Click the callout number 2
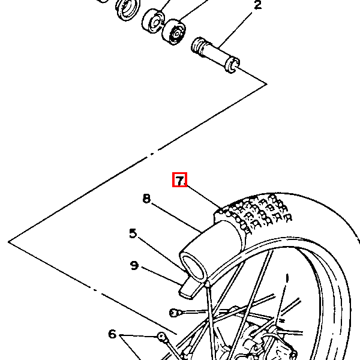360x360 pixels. point(258,5)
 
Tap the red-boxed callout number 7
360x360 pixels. point(180,181)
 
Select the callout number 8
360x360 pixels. point(146,199)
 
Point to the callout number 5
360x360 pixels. point(133,233)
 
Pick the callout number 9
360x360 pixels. point(134,265)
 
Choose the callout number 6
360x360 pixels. point(112,334)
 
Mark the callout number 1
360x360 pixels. point(287,278)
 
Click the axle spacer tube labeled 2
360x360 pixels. point(215,55)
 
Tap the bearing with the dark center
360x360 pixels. point(174,32)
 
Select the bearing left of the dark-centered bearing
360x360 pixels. point(153,21)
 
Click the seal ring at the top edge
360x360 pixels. point(128,9)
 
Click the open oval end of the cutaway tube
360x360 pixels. point(193,266)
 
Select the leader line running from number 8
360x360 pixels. point(176,218)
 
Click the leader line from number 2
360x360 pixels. point(235,31)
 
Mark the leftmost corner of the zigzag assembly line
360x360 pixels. point(8,242)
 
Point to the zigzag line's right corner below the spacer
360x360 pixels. point(267,84)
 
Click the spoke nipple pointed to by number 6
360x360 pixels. point(161,337)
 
